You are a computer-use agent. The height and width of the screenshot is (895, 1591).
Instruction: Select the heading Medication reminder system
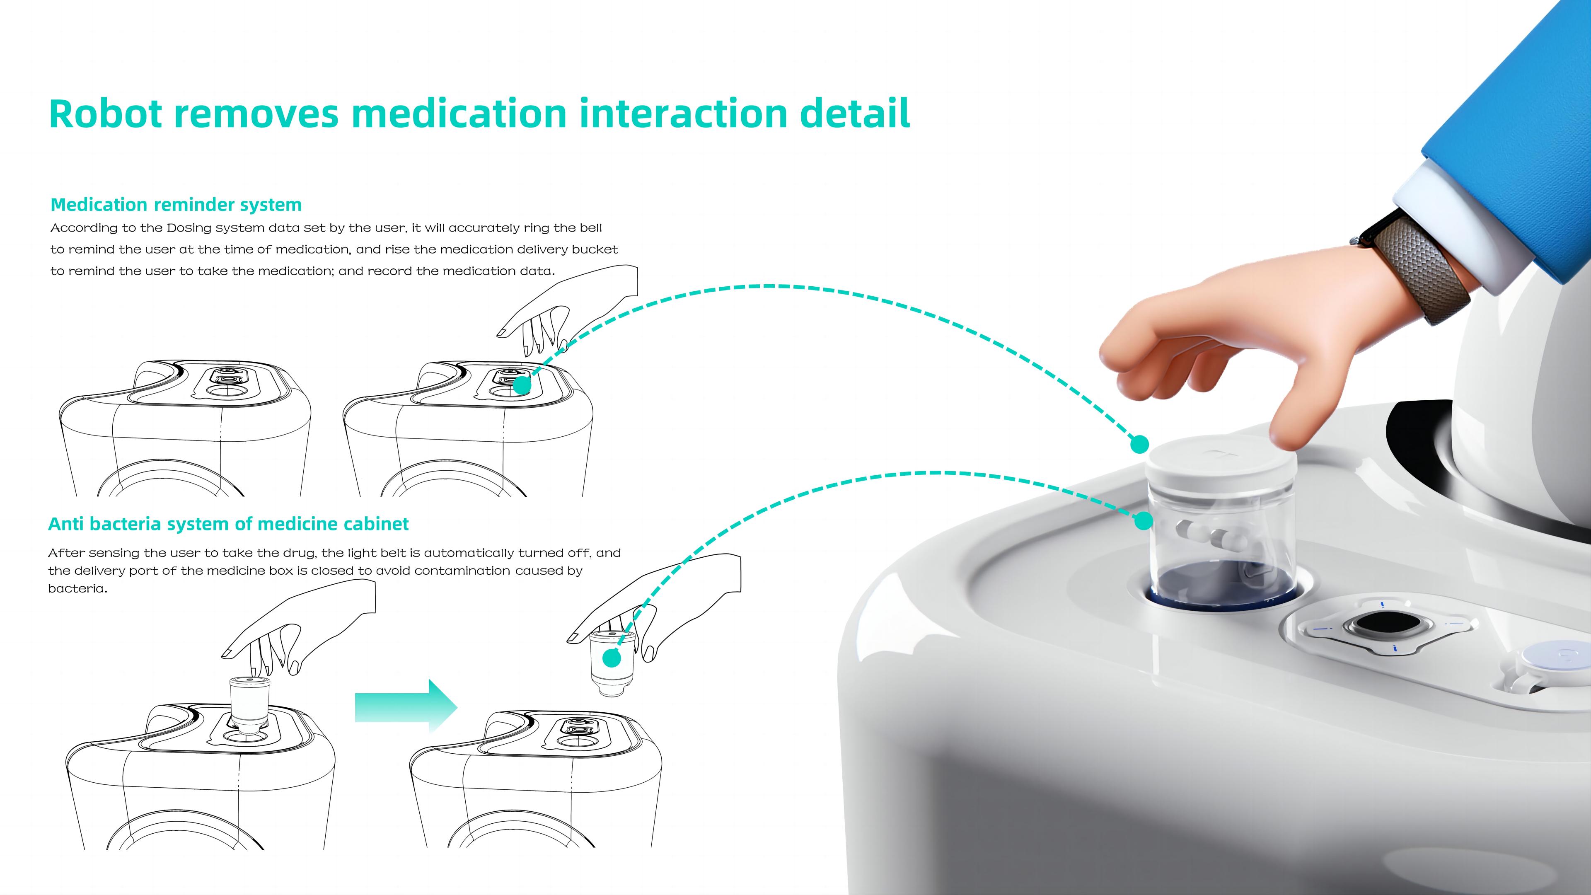(176, 204)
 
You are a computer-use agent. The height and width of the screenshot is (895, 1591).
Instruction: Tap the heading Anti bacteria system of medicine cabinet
(229, 524)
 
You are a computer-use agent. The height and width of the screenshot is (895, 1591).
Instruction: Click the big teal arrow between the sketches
(406, 705)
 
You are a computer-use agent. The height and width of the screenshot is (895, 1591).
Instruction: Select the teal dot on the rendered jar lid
(1139, 444)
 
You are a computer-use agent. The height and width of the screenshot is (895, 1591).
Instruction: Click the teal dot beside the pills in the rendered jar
(1144, 521)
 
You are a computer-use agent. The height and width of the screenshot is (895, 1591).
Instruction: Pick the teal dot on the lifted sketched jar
(612, 658)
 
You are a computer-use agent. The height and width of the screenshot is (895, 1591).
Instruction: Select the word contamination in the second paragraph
(462, 571)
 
